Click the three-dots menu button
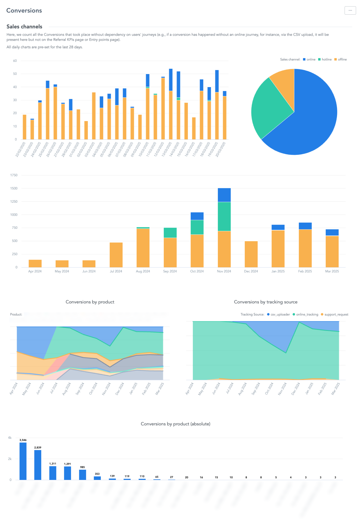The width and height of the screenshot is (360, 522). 350,10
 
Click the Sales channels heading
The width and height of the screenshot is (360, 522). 24,27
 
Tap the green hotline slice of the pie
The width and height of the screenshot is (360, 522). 269,107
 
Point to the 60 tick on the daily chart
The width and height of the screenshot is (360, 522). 15,61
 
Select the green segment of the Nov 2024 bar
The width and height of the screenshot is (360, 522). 224,216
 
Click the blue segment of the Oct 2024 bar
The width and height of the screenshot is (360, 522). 197,216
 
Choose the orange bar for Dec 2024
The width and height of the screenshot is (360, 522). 251,254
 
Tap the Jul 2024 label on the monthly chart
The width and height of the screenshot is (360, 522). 116,271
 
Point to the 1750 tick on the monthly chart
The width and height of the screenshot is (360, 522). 14,175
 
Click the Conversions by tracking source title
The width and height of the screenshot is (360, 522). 265,302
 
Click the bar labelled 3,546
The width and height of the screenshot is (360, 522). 23,461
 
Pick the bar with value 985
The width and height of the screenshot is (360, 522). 83,475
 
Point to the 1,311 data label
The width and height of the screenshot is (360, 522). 53,464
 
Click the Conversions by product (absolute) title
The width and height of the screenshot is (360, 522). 175,424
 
